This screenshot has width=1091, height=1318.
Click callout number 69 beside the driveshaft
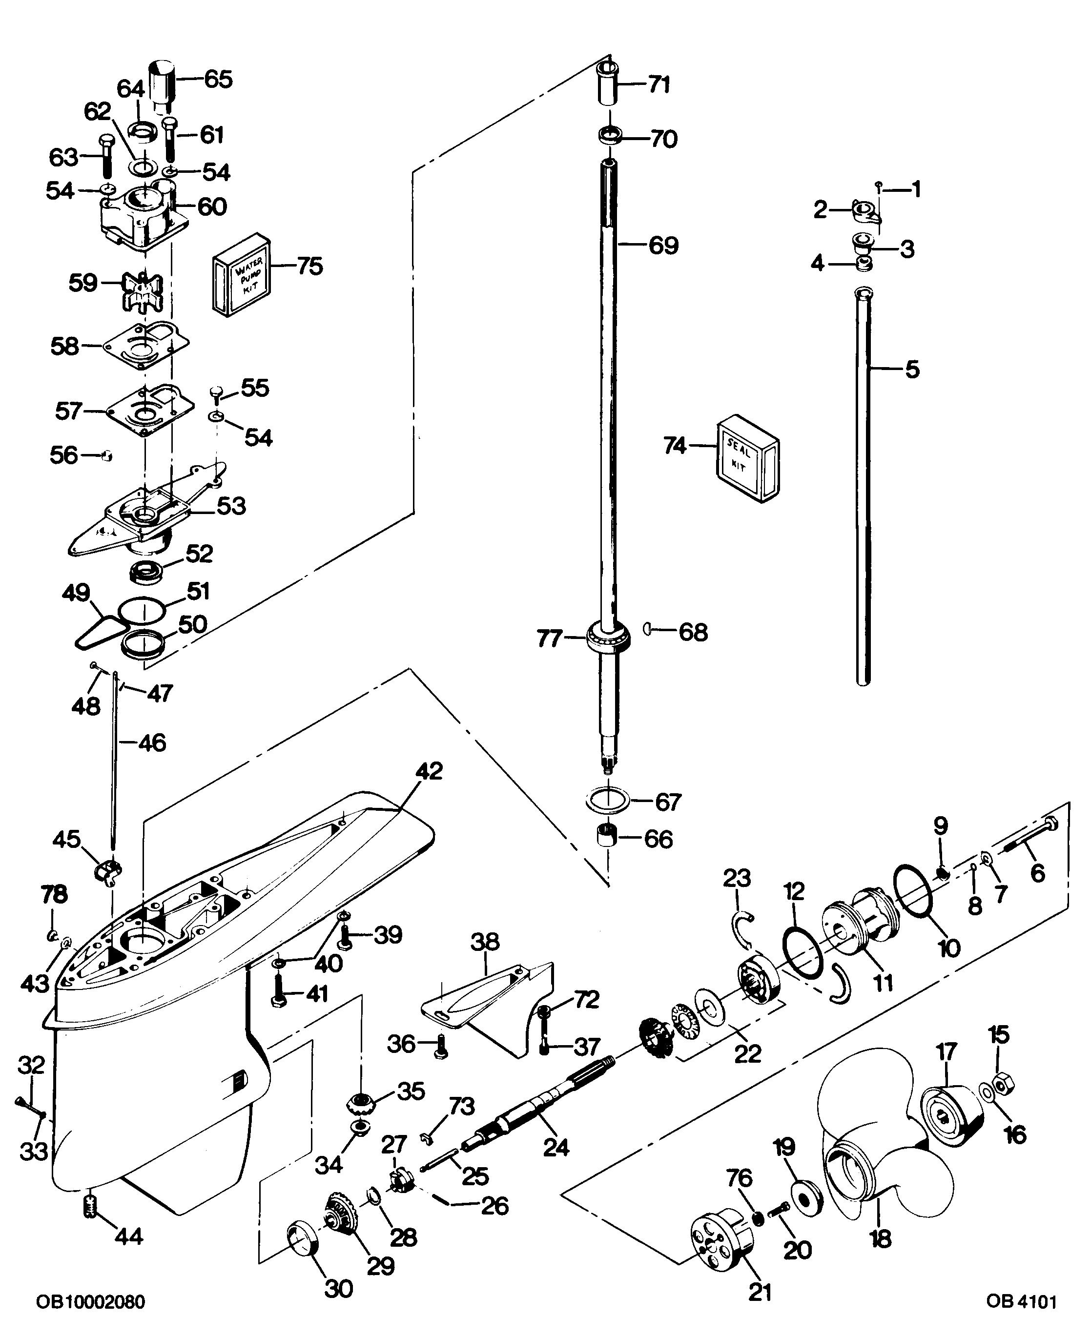(663, 246)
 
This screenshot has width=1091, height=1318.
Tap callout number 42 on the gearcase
(429, 771)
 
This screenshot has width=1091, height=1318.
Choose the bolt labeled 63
(105, 156)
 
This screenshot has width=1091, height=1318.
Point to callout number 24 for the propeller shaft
(556, 1147)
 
